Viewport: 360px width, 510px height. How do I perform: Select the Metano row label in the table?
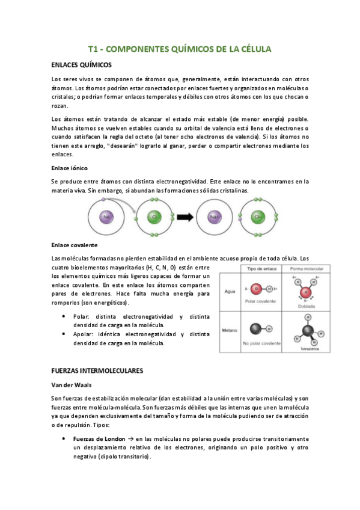[x=230, y=330]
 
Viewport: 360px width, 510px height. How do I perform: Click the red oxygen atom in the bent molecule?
[x=306, y=292]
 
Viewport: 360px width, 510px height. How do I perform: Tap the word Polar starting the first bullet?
[x=81, y=316]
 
